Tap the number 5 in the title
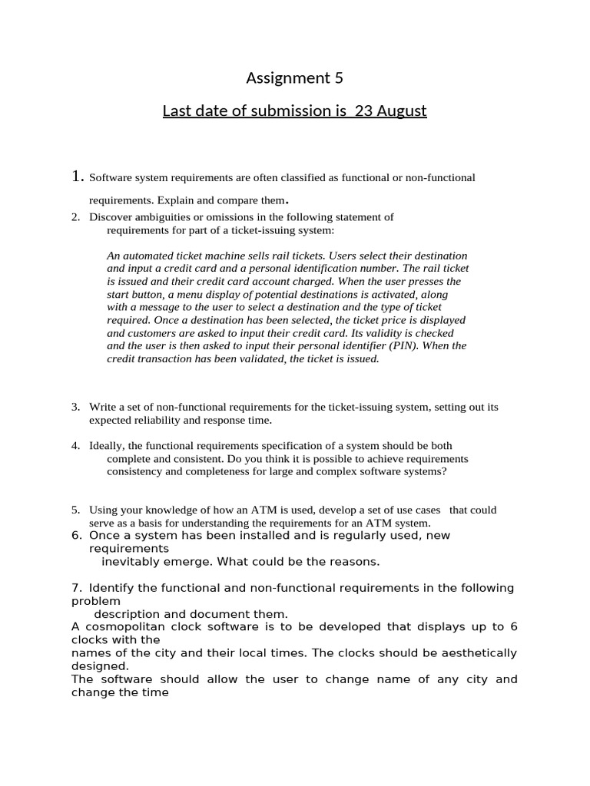pyautogui.click(x=339, y=78)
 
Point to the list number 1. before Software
pyautogui.click(x=77, y=177)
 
